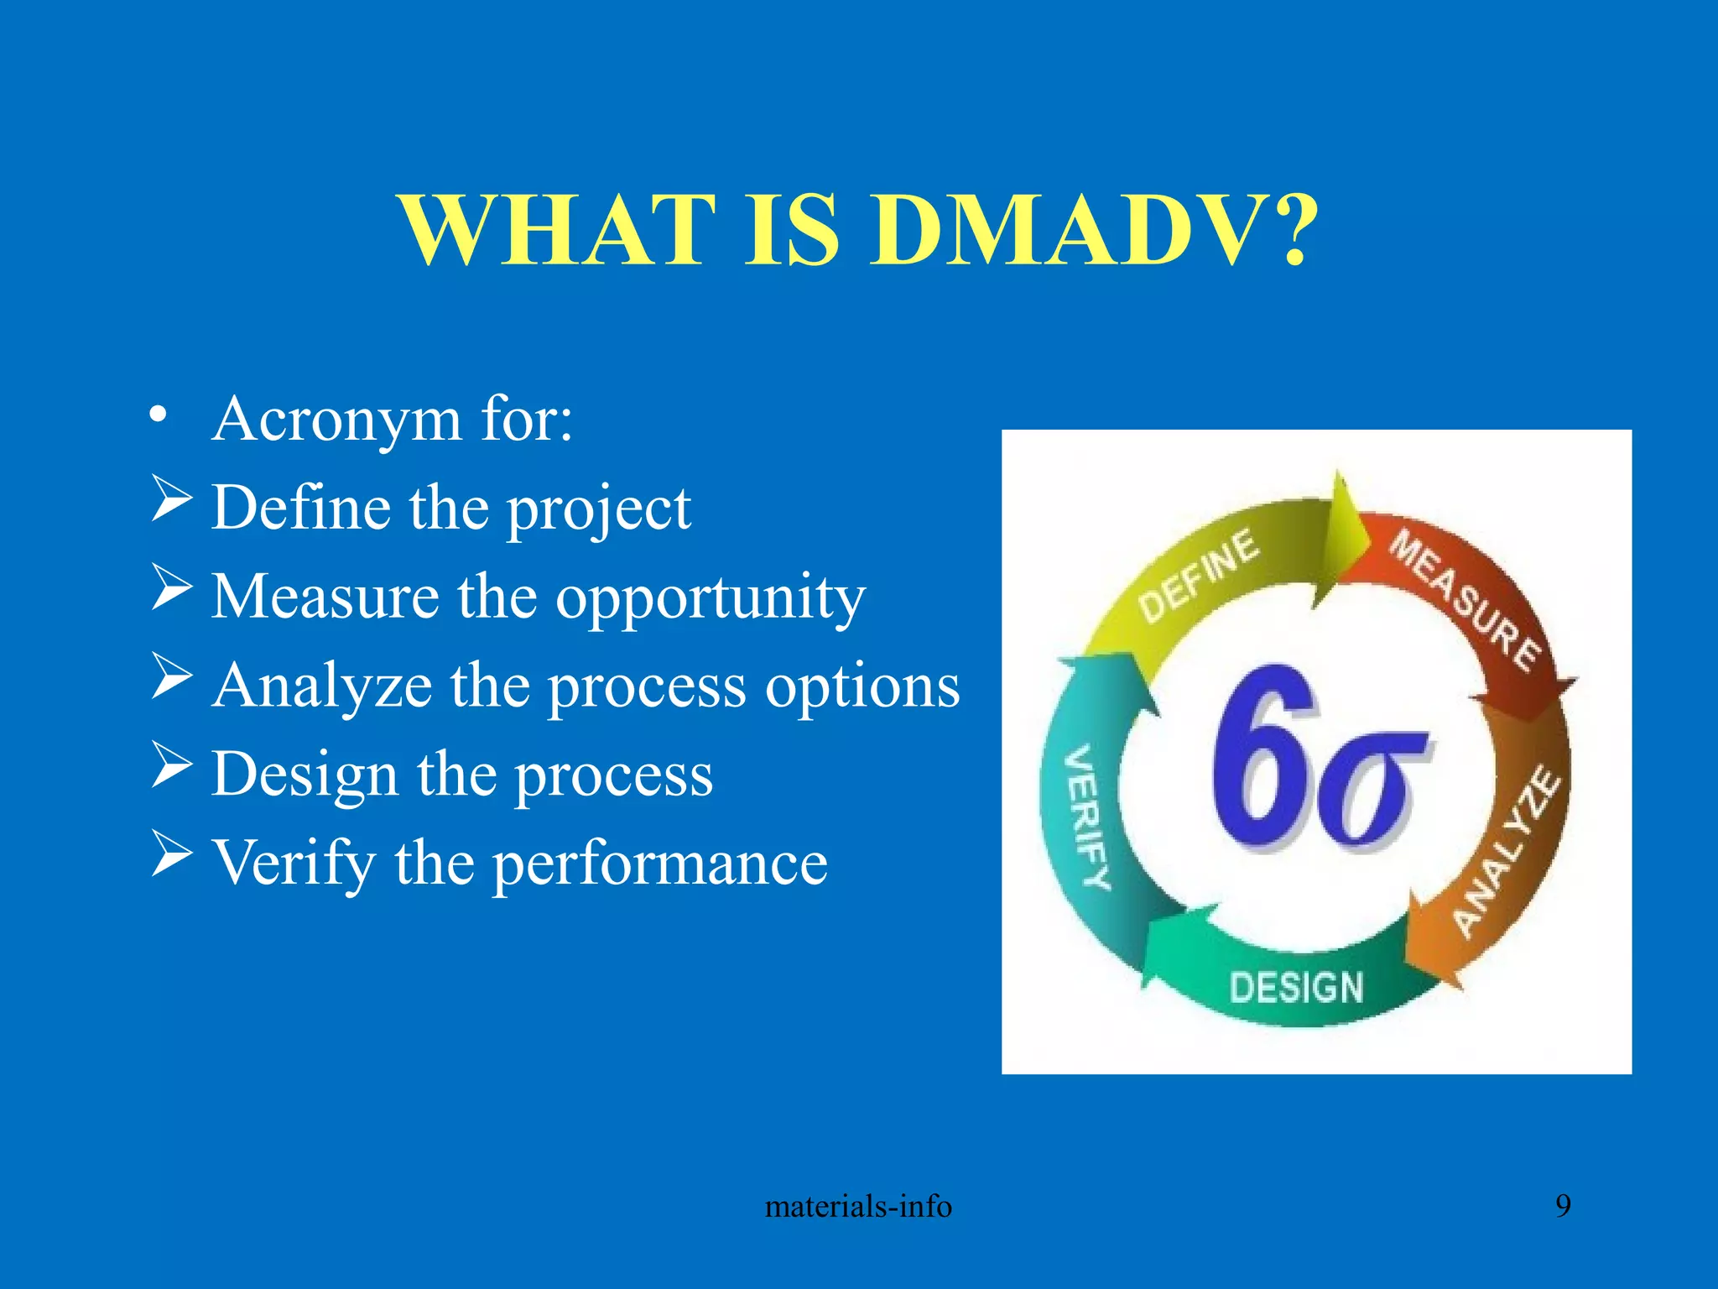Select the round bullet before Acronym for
(x=158, y=417)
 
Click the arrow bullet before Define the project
(x=172, y=498)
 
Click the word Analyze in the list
(x=322, y=686)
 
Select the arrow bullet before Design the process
(x=172, y=765)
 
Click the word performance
(x=659, y=864)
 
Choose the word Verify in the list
(x=294, y=864)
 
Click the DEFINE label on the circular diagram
(x=1199, y=577)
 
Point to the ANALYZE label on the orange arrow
(x=1507, y=852)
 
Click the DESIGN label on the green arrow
(x=1296, y=988)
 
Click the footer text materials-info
(x=858, y=1207)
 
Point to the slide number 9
(x=1563, y=1206)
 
